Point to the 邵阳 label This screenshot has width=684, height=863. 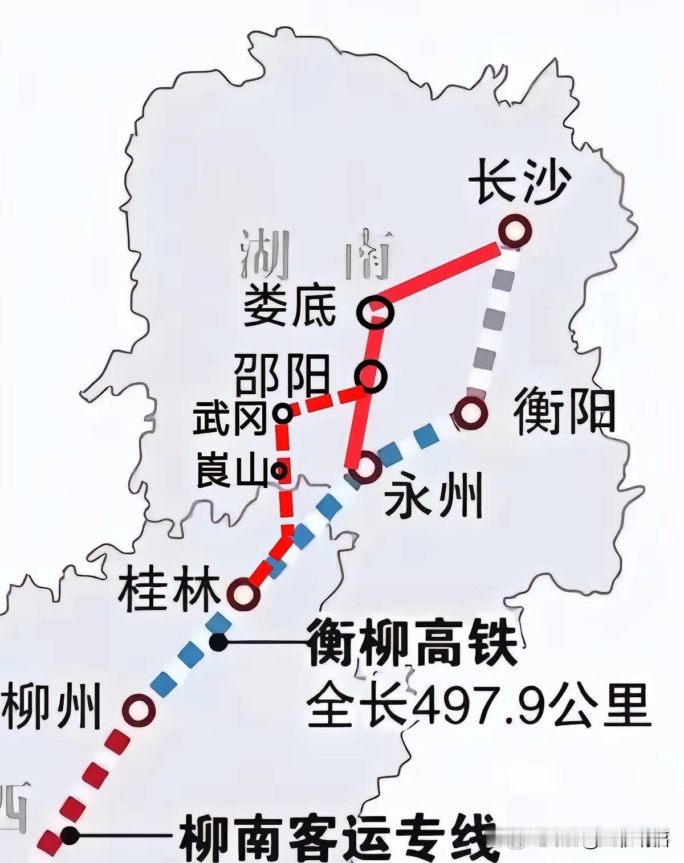point(283,375)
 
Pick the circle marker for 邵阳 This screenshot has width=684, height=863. point(370,375)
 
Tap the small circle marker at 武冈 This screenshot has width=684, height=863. point(282,412)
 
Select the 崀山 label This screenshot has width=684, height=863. point(231,471)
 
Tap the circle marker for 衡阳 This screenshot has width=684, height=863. point(471,412)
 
